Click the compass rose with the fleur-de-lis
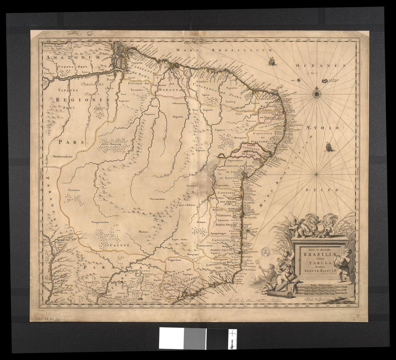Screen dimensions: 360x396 pyautogui.click(x=317, y=93)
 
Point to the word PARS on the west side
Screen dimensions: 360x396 pyautogui.click(x=72, y=142)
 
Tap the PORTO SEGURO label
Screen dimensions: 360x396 pyautogui.click(x=225, y=225)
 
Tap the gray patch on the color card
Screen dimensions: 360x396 pyautogui.click(x=195, y=338)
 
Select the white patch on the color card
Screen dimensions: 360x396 pyautogui.click(x=171, y=338)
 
